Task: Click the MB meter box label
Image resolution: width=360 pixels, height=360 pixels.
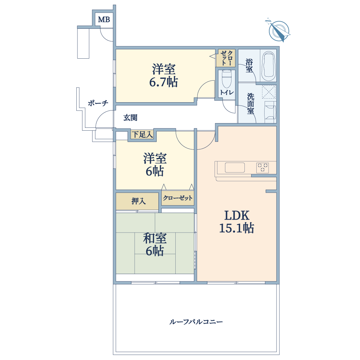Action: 104,20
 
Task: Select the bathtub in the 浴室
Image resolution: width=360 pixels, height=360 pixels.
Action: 269,66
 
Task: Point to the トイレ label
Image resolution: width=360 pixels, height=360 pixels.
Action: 227,93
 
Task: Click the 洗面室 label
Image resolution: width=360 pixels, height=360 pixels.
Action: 251,104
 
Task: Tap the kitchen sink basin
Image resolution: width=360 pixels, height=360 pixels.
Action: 235,168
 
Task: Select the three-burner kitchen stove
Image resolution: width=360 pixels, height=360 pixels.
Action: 263,167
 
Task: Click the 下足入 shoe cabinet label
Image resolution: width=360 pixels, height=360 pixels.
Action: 142,135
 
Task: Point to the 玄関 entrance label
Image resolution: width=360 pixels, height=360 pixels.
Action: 130,118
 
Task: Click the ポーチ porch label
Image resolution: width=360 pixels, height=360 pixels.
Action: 98,103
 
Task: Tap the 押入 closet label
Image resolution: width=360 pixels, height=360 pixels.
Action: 139,201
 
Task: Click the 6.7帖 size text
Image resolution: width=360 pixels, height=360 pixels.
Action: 163,82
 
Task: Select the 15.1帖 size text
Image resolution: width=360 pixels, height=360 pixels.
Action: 237,228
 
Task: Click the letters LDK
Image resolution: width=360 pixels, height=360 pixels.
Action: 237,216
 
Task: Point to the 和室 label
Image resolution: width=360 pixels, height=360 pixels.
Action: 155,238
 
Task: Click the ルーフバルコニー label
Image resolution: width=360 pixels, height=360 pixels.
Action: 196,322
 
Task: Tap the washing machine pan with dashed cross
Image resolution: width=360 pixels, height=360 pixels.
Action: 269,92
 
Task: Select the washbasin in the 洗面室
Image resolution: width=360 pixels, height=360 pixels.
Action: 270,112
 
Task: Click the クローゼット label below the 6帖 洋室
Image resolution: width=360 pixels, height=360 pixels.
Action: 178,198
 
